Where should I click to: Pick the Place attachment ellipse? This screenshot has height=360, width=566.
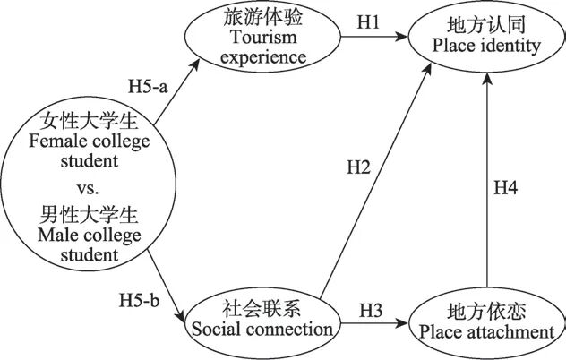click(x=485, y=322)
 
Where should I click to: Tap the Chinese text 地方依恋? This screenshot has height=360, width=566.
click(x=485, y=312)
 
